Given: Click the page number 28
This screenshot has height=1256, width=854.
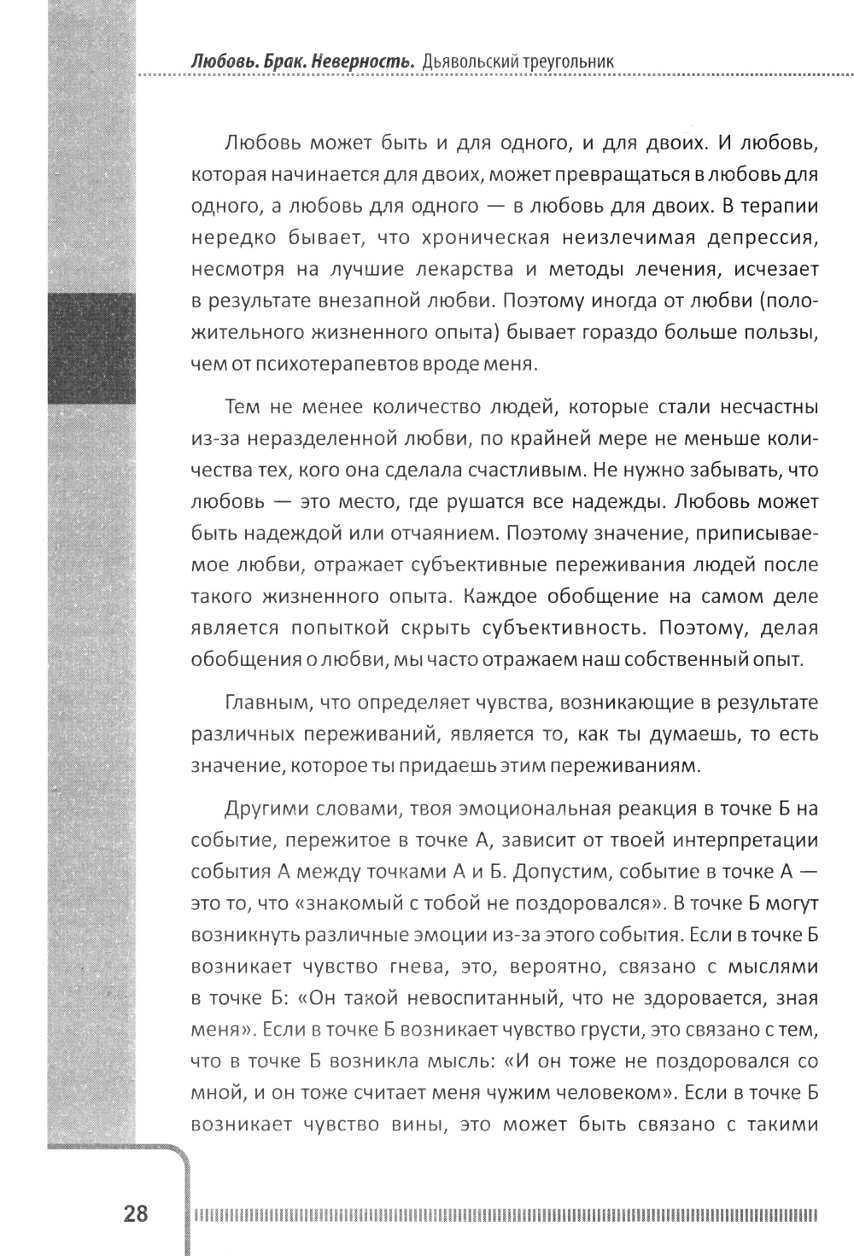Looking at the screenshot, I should click(x=136, y=1212).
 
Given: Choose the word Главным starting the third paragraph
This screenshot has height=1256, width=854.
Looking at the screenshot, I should click(x=258, y=703).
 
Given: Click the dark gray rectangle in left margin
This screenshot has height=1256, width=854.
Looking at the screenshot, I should click(x=91, y=348).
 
